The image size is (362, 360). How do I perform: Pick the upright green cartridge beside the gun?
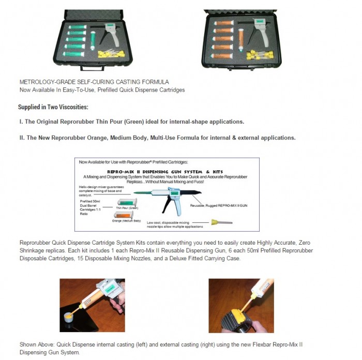click(92, 41)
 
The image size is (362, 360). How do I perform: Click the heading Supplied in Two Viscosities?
click(53, 107)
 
